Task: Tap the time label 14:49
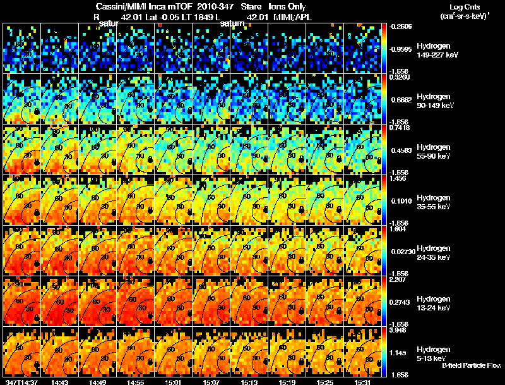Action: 98,381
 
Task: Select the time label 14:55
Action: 136,381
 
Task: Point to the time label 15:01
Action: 174,381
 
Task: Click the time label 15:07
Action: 211,381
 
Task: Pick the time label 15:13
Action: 249,381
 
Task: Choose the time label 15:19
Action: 287,381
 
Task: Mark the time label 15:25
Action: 325,381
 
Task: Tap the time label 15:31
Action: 363,381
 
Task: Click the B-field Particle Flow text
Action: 471,365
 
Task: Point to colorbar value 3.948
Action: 398,329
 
